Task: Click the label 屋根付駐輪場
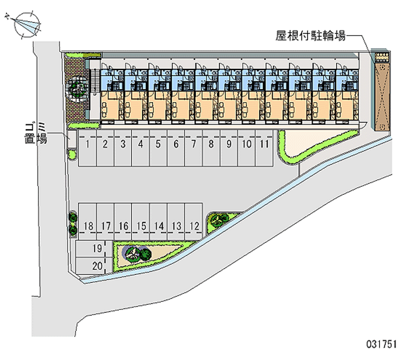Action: point(310,36)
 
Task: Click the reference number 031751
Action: point(381,345)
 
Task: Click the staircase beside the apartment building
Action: point(95,82)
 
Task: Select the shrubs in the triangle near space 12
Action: point(218,219)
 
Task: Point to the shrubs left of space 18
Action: point(73,223)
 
